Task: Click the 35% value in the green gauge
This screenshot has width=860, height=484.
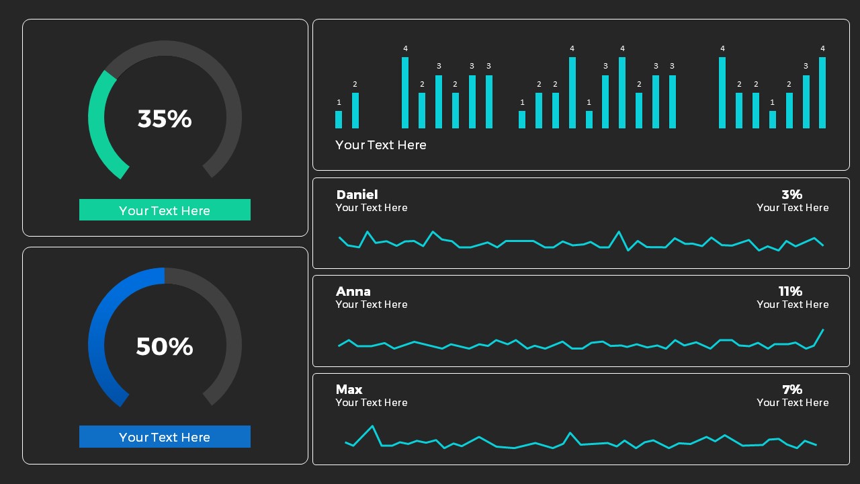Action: pyautogui.click(x=165, y=119)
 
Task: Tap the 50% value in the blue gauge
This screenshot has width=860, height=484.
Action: pyautogui.click(x=165, y=347)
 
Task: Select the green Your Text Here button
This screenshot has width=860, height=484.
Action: pyautogui.click(x=165, y=210)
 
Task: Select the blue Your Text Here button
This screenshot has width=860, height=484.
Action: pyautogui.click(x=165, y=437)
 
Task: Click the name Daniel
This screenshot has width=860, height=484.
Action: pyautogui.click(x=357, y=195)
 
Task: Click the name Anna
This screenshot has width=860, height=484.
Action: pyautogui.click(x=353, y=292)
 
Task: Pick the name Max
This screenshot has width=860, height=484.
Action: pyautogui.click(x=349, y=390)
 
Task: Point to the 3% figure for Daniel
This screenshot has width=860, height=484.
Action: pyautogui.click(x=791, y=195)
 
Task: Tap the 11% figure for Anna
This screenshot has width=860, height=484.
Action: pyautogui.click(x=790, y=292)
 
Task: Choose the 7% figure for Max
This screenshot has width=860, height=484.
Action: pyautogui.click(x=792, y=390)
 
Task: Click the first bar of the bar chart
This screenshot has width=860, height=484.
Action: pyautogui.click(x=339, y=120)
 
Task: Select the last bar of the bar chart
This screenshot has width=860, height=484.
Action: pyautogui.click(x=822, y=93)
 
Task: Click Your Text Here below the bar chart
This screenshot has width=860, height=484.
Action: pyautogui.click(x=381, y=145)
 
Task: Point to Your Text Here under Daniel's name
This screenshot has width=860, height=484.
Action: pyautogui.click(x=372, y=208)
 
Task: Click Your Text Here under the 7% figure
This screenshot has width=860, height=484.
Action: pyautogui.click(x=792, y=403)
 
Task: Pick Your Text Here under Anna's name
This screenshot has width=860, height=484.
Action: pyautogui.click(x=372, y=305)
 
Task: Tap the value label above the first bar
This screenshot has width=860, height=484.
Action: pyautogui.click(x=339, y=103)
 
